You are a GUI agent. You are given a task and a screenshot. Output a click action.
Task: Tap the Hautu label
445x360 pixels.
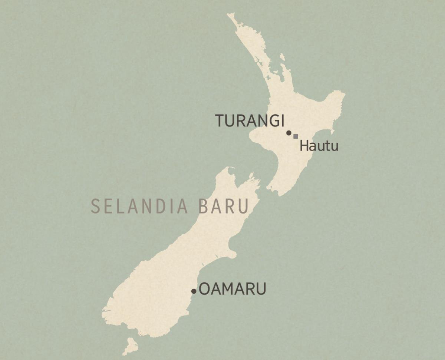point(319,146)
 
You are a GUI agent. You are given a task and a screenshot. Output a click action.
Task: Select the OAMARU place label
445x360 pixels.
point(233,289)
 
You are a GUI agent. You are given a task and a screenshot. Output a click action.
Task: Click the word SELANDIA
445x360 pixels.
point(139,207)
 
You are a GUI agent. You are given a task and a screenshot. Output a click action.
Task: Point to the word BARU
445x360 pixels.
point(223,207)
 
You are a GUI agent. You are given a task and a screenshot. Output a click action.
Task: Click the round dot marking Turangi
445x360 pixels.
point(289,133)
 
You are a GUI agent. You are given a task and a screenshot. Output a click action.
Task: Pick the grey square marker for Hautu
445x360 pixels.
point(296,136)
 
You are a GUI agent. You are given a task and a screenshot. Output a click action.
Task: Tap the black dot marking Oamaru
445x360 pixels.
point(194,291)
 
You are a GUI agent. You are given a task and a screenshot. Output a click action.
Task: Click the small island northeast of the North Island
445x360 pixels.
point(283,57)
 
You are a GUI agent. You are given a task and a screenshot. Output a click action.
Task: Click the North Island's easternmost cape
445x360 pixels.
point(343,95)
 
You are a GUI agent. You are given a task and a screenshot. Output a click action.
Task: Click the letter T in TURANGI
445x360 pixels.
point(221,121)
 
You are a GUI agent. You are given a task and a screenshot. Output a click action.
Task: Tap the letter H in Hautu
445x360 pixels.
point(303,146)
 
